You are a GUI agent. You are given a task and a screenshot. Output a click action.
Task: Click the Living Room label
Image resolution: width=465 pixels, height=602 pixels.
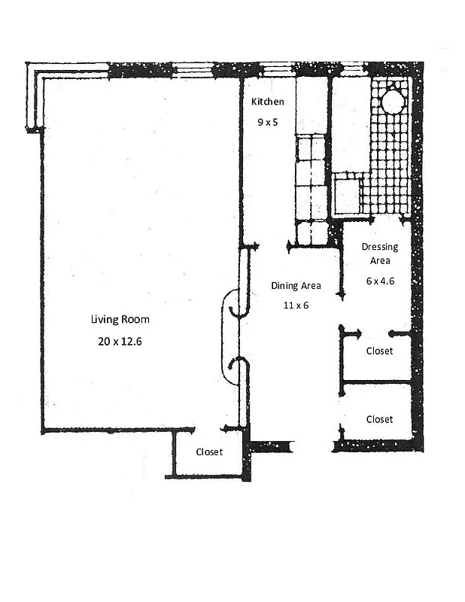(x=120, y=320)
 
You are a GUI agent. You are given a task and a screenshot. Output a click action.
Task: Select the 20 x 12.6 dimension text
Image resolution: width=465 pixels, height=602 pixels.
(x=120, y=341)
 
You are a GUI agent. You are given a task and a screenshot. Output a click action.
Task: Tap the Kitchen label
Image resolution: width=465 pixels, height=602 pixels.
(x=267, y=102)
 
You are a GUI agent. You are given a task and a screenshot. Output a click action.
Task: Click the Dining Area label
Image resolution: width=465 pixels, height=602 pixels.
(x=296, y=286)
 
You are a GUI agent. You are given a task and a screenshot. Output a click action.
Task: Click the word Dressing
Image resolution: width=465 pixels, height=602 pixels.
(x=379, y=247)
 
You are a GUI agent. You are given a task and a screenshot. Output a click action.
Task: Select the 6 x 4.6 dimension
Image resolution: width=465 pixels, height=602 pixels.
(x=381, y=281)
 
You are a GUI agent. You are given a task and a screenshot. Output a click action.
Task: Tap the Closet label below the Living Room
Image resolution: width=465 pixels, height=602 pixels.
(x=208, y=452)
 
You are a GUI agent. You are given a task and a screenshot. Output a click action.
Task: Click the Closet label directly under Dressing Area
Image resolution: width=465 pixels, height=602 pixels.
(x=379, y=351)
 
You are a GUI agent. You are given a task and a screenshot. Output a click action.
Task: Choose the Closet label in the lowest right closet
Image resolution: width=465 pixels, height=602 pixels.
(x=379, y=419)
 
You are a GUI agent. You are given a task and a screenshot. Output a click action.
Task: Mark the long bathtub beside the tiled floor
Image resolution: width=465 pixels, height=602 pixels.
(x=351, y=124)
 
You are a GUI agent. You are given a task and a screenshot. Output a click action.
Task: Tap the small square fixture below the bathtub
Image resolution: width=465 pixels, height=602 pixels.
(x=347, y=195)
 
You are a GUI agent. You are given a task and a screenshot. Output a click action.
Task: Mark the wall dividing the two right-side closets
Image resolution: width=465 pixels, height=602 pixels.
(x=376, y=382)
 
